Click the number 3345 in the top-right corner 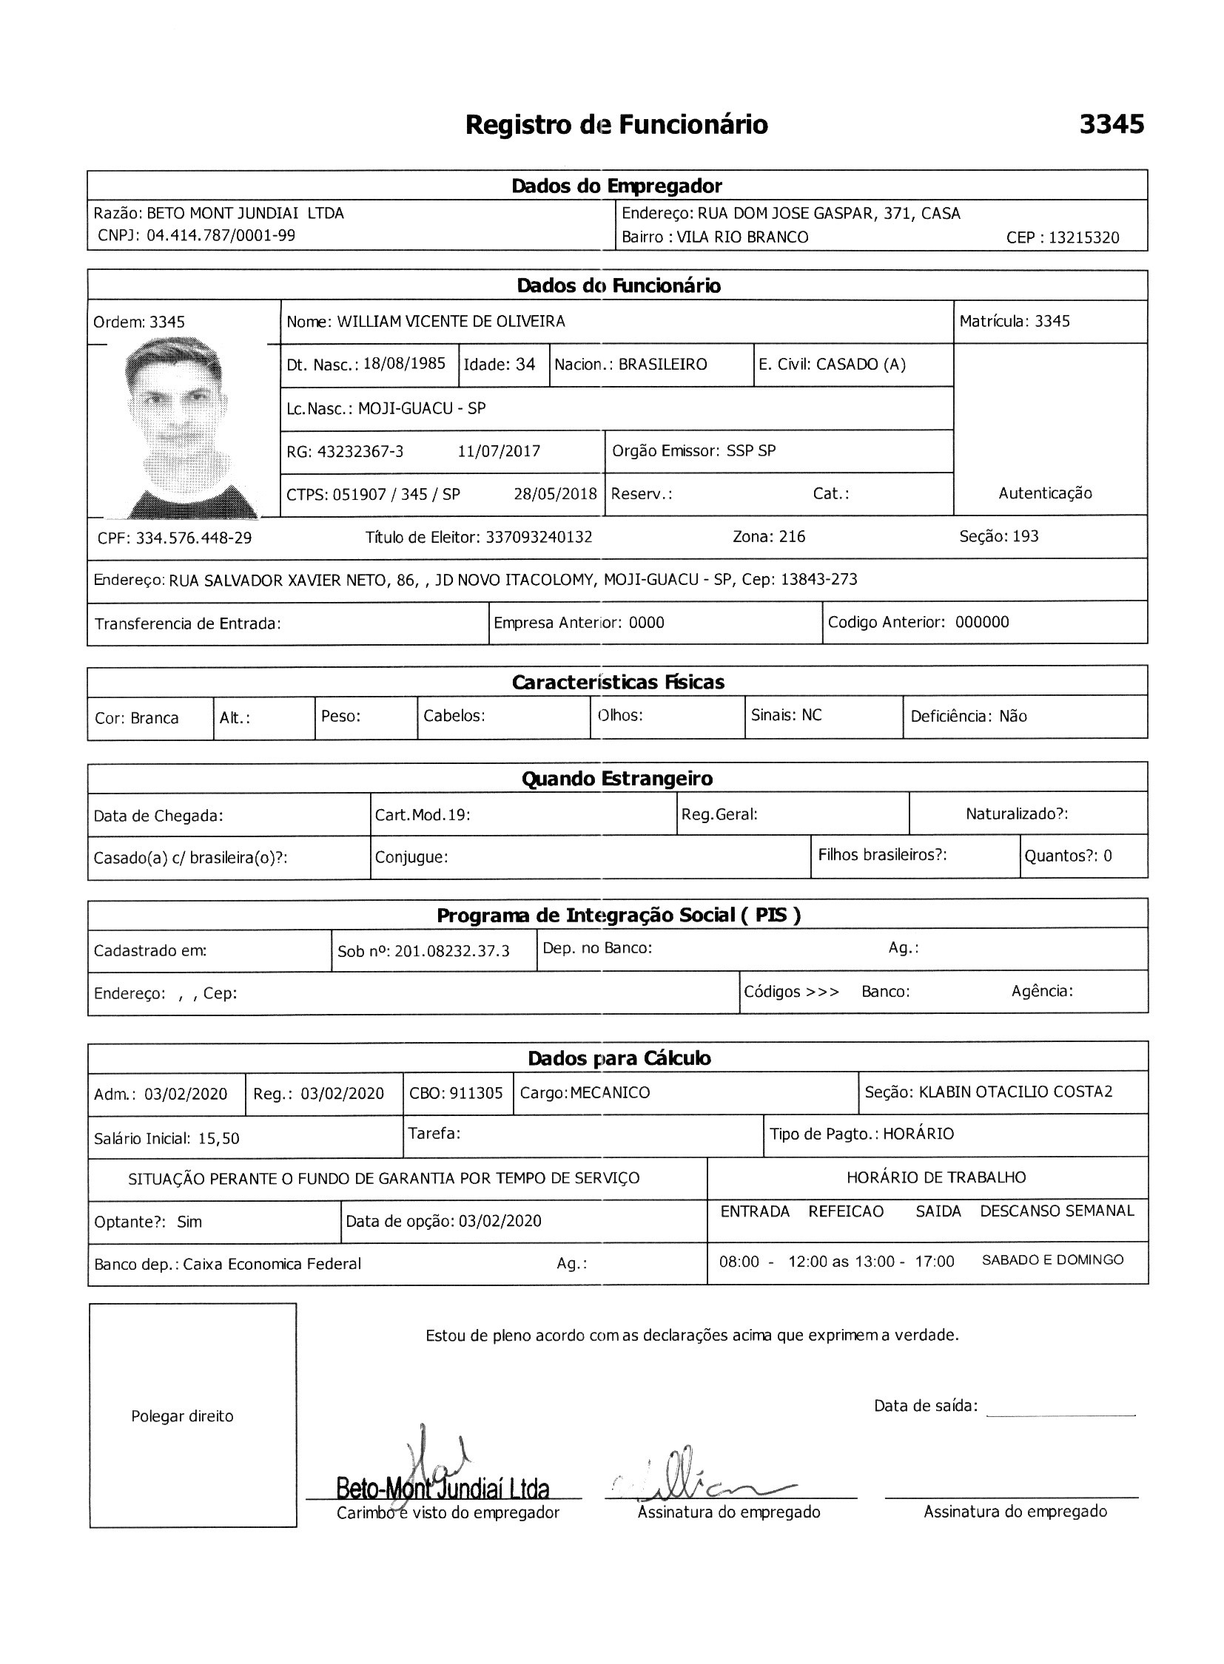1111,124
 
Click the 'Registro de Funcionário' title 616,124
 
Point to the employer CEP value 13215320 1084,237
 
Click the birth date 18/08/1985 404,364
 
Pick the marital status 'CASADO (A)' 860,365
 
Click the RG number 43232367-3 360,452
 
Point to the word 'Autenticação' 1045,493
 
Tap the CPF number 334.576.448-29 193,538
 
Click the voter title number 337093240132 539,537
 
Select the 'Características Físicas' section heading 617,682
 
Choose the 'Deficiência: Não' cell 969,717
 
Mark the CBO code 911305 476,1093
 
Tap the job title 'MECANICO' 610,1093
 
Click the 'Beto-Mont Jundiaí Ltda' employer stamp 443,1489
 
